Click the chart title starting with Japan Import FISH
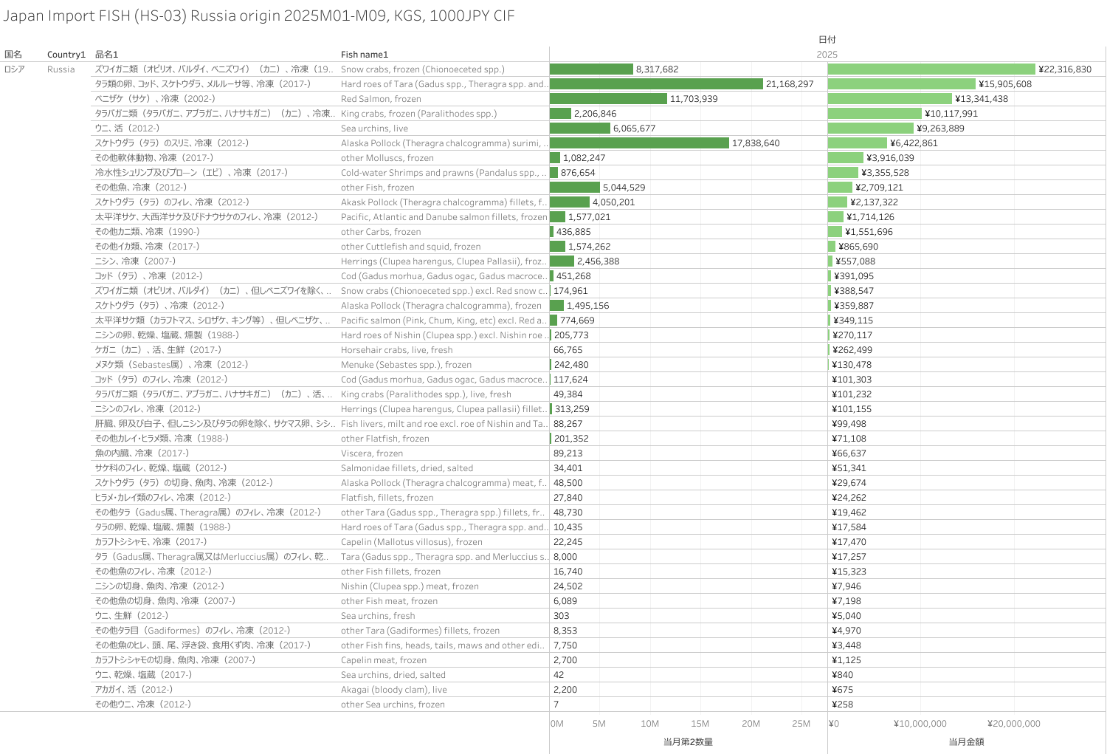[x=259, y=16]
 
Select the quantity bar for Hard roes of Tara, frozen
[x=656, y=84]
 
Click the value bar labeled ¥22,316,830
[x=931, y=69]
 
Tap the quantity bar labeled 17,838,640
[x=639, y=143]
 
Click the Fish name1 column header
[x=365, y=55]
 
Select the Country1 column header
[x=66, y=55]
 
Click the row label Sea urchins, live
[x=374, y=128]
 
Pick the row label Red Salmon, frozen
[x=381, y=99]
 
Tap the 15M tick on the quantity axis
[x=700, y=724]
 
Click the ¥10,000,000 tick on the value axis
[x=920, y=724]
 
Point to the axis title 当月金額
[x=966, y=741]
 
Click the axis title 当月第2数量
[x=688, y=741]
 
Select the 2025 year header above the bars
[x=827, y=55]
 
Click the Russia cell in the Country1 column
[x=61, y=69]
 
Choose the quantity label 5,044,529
[x=624, y=188]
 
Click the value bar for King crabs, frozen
[x=875, y=114]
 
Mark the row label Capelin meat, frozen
[x=384, y=660]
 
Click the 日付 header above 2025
[x=827, y=40]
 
